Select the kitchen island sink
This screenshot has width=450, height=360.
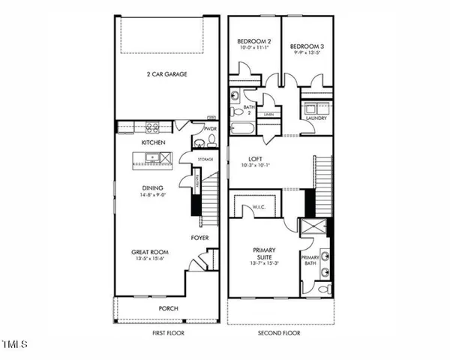[152, 157]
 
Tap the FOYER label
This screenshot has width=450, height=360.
[199, 238]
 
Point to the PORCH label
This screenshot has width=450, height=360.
[168, 307]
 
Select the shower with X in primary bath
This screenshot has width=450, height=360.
[310, 229]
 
